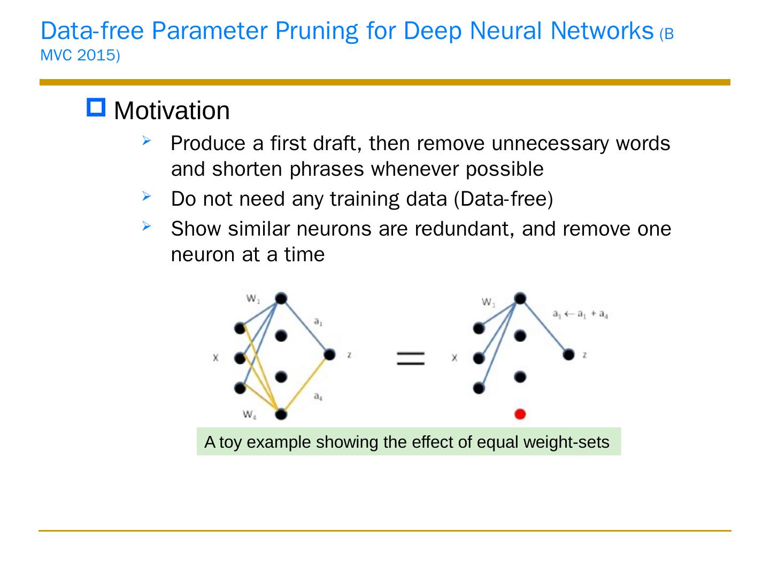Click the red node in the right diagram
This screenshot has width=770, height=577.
coord(519,414)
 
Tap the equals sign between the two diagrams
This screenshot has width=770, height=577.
coord(411,358)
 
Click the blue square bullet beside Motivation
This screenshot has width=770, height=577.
coord(97,108)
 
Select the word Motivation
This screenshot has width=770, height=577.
coord(172,111)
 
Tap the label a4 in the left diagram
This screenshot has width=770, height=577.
coord(318,396)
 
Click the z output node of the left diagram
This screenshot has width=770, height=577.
coord(329,354)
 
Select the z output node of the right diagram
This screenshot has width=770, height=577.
coord(569,354)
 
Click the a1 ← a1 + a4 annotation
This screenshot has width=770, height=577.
coord(580,314)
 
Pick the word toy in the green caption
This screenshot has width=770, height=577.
coord(230,442)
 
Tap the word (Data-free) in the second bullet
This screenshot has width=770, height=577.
coord(503,199)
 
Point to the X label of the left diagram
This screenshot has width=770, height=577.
coord(216,358)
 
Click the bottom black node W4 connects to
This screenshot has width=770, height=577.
coord(281,414)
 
